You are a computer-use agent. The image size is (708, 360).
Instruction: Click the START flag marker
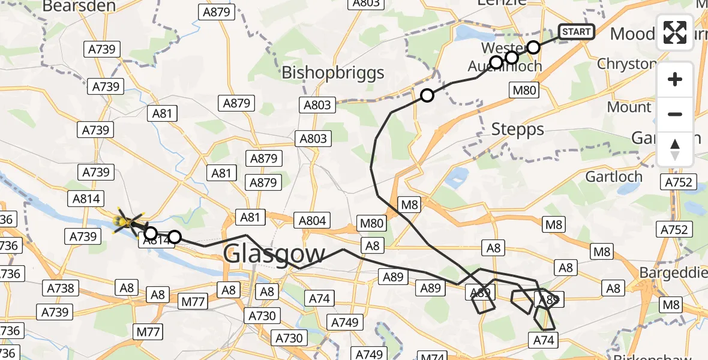coord(576,31)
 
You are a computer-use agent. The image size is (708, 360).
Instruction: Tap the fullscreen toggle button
coord(675,32)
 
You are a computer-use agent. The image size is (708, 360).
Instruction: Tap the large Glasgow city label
coord(274,254)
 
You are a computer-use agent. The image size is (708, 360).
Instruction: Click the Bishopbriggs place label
coord(332,73)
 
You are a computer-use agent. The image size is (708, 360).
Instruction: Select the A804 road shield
coord(313,220)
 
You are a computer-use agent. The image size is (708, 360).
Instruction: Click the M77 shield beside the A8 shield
coord(194,302)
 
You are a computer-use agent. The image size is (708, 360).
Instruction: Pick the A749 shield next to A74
coord(346,323)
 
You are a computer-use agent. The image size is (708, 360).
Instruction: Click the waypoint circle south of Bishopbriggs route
coord(427,95)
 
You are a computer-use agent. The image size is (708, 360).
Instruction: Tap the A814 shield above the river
coord(87,199)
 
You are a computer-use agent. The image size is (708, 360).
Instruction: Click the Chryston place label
coord(626,64)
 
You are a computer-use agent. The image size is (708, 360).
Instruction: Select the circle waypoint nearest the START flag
coord(533,47)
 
